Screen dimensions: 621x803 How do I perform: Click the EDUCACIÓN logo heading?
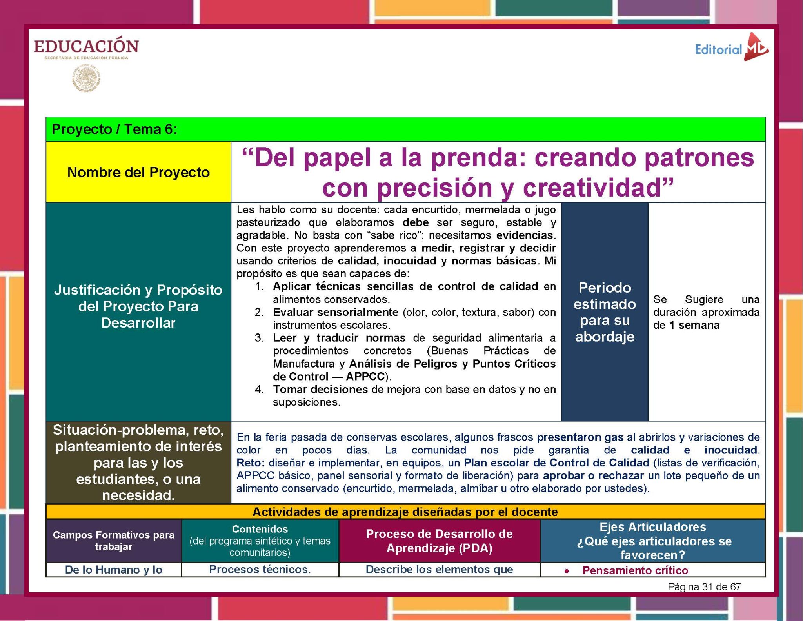click(86, 46)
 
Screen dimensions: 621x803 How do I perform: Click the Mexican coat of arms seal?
click(86, 79)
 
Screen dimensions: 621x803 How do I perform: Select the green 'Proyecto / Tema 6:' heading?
click(114, 129)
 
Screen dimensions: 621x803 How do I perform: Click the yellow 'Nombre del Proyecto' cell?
click(138, 172)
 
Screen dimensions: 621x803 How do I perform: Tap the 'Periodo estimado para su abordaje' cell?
click(605, 312)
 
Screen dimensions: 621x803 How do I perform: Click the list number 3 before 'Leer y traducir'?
click(259, 338)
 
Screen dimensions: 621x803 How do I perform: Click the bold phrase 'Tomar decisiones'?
click(320, 390)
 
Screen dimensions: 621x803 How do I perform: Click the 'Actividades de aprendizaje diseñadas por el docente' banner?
click(405, 512)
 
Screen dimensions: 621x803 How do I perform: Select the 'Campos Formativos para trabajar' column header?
click(114, 541)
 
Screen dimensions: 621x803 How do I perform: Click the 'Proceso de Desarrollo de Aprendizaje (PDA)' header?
click(439, 541)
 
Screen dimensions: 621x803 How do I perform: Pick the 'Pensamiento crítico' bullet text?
click(635, 570)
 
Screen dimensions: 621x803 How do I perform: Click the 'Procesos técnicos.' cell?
click(260, 569)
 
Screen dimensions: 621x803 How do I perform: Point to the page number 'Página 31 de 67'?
click(704, 587)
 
